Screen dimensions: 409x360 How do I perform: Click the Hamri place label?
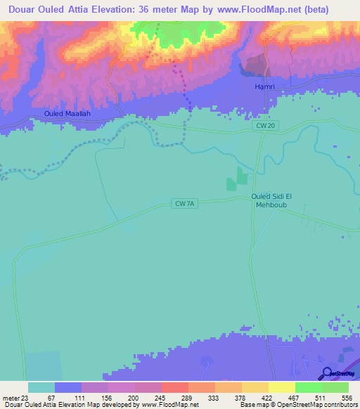(x=264, y=86)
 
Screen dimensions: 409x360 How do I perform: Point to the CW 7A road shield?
(x=185, y=204)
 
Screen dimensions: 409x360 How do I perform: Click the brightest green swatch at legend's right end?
(x=335, y=387)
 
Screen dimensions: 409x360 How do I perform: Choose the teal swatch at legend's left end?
(x=41, y=387)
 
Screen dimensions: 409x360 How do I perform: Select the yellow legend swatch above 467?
(x=281, y=387)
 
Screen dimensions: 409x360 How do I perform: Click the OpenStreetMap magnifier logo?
(x=326, y=374)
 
